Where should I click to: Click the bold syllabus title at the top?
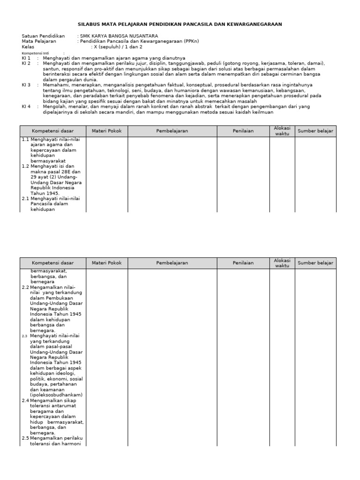(x=180, y=24)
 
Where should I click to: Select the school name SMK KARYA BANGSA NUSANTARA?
(x=119, y=36)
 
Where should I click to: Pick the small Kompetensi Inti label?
(x=35, y=53)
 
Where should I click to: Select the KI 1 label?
(x=26, y=58)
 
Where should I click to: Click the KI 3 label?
(x=26, y=85)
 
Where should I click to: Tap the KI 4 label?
(x=26, y=106)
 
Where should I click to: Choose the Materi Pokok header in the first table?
(x=107, y=131)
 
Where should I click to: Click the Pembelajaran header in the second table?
(x=172, y=263)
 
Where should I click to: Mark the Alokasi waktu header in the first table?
(x=282, y=131)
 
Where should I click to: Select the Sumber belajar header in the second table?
(x=315, y=263)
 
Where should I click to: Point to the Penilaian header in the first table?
(x=243, y=131)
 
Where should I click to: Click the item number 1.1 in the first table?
(x=26, y=140)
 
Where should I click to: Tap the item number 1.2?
(x=26, y=166)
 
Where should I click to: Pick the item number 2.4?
(x=26, y=401)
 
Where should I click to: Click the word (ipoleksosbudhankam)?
(x=56, y=395)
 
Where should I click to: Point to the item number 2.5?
(x=26, y=438)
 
